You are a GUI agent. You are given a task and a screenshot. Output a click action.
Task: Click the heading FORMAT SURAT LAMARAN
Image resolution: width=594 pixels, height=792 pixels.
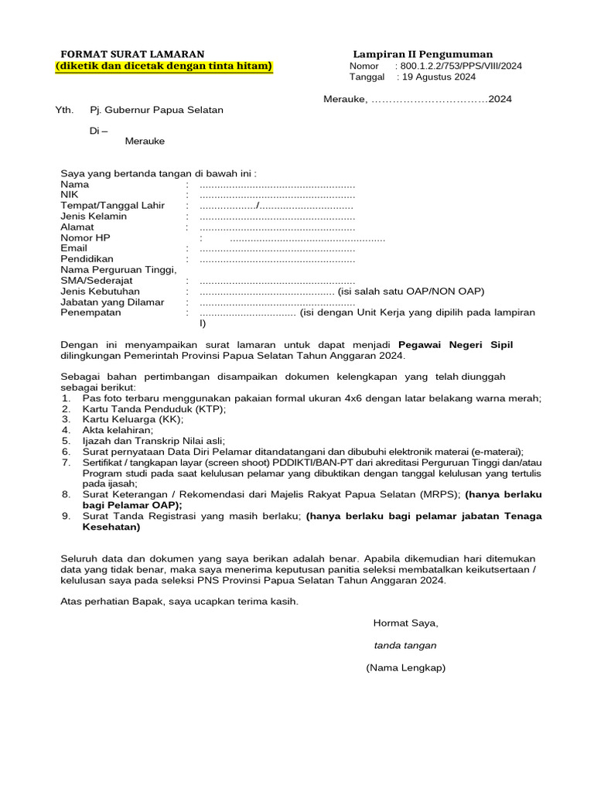click(133, 54)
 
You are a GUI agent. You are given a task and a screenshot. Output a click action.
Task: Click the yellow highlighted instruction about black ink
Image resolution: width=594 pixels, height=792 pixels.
click(164, 66)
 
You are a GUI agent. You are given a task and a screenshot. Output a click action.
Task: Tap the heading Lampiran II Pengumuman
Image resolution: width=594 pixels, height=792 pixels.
click(422, 54)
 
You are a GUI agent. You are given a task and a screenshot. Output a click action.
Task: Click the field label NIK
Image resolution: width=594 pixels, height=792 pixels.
click(70, 195)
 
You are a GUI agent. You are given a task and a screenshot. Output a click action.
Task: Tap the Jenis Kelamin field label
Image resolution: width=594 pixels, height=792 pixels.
click(94, 217)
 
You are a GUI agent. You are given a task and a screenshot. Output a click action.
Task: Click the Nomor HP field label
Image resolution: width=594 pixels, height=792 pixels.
click(85, 238)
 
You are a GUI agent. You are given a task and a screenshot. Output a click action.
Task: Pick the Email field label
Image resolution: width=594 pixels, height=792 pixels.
click(74, 248)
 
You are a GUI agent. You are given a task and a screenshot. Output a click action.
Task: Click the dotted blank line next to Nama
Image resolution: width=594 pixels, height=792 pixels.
click(277, 185)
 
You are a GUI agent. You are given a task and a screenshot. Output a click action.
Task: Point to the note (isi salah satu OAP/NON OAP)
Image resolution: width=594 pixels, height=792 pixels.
click(411, 292)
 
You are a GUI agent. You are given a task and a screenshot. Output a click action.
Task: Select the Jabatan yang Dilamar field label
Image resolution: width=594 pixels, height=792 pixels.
click(112, 302)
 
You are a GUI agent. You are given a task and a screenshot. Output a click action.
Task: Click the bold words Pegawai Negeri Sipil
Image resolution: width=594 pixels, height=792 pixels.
click(455, 344)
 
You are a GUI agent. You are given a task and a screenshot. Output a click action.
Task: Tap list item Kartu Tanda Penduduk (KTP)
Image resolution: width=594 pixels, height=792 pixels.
click(154, 408)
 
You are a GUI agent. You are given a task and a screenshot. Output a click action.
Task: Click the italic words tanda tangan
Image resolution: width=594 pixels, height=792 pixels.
click(405, 645)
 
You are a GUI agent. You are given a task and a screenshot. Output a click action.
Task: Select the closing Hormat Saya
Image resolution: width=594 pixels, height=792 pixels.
click(405, 623)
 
